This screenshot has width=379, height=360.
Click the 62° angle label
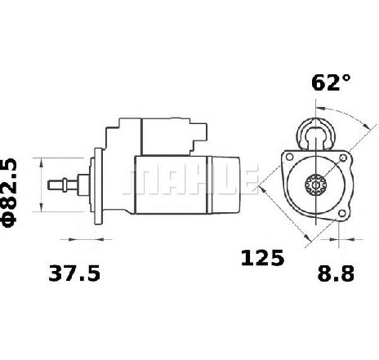point(331,82)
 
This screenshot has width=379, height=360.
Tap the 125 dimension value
point(262,258)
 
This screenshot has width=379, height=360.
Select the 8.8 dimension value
point(336,273)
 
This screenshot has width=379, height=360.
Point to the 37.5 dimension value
point(74,273)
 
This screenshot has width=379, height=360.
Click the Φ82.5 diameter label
point(10,193)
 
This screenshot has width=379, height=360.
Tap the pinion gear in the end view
point(315,184)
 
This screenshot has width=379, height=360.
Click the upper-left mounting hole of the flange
point(289,157)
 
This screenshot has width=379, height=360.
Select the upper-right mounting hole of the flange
point(343,158)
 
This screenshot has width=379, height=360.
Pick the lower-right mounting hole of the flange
point(342,213)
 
